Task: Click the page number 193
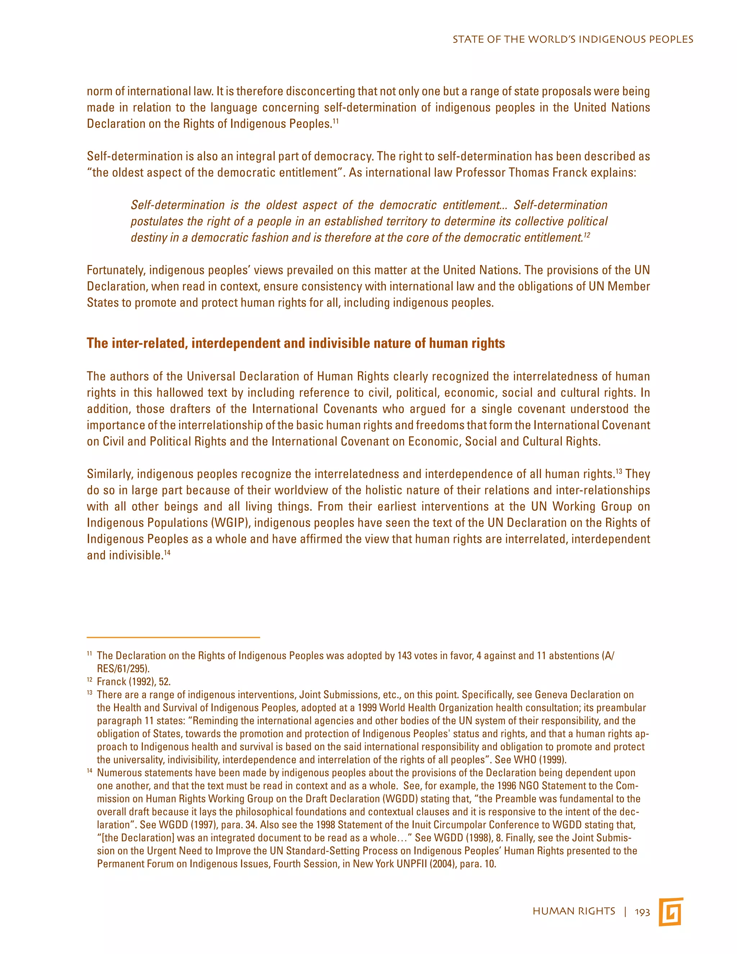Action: (642, 912)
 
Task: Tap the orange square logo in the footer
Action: (671, 912)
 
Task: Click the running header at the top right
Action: (573, 39)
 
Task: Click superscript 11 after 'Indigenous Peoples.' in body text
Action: (335, 121)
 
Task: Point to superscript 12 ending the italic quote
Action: (587, 235)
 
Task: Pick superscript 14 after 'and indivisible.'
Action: (167, 553)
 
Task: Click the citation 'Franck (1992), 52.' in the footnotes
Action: (134, 681)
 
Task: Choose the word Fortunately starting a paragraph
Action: (116, 270)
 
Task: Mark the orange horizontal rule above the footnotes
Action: (173, 638)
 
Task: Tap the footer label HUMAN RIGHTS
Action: (574, 912)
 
